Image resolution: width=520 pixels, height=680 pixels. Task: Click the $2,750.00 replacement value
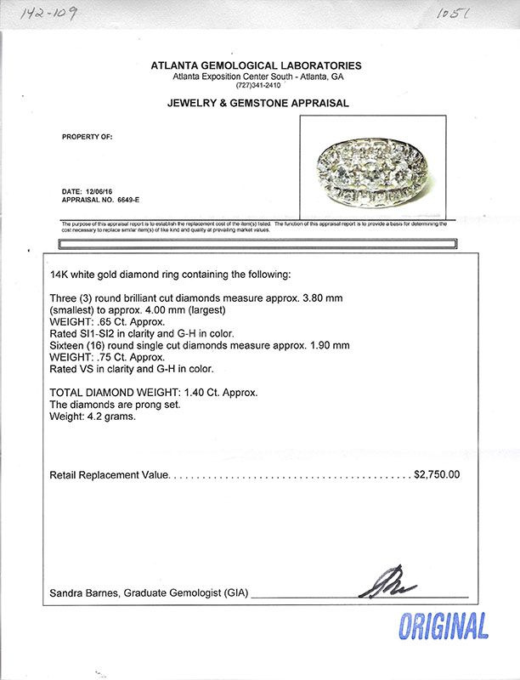point(437,474)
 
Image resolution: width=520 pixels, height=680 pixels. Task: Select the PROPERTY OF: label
point(88,136)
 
